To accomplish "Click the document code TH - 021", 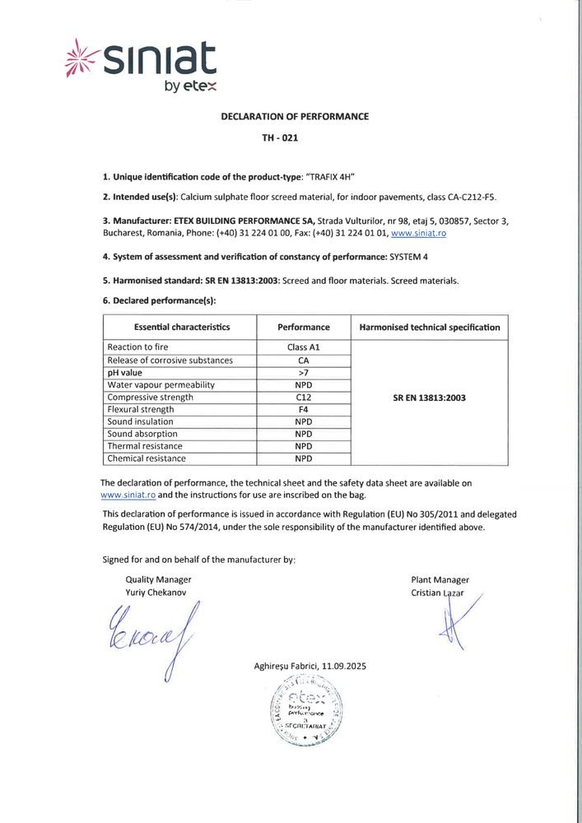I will [x=280, y=138].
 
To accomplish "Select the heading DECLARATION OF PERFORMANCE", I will [x=295, y=116].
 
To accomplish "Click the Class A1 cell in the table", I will [x=303, y=347].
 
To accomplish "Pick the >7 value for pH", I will [x=303, y=372].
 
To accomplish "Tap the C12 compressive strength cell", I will [x=303, y=397].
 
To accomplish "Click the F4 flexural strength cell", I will [x=303, y=409].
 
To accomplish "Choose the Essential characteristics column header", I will [x=181, y=327].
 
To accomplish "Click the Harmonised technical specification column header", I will [x=430, y=327].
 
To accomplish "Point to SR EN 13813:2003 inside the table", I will [x=430, y=398].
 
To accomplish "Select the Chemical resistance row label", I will [x=147, y=458].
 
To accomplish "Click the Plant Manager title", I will [x=440, y=579].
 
